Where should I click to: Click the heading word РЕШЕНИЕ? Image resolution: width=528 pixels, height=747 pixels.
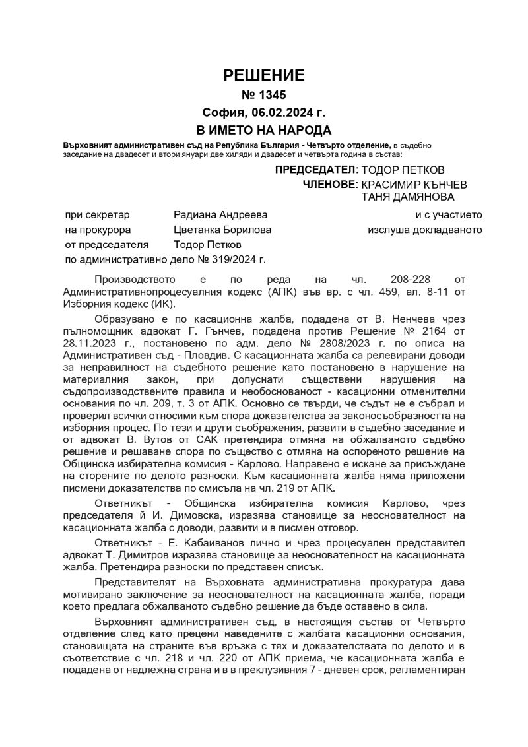pyautogui.click(x=264, y=75)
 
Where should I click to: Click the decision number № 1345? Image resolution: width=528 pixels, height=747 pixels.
pyautogui.click(x=264, y=95)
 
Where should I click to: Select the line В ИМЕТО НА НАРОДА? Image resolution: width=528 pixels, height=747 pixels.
pyautogui.click(x=264, y=129)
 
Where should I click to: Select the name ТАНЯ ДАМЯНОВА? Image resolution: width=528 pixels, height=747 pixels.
pyautogui.click(x=407, y=197)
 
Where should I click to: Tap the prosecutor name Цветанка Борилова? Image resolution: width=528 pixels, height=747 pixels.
pyautogui.click(x=222, y=230)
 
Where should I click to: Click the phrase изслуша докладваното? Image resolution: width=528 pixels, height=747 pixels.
pyautogui.click(x=424, y=230)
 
